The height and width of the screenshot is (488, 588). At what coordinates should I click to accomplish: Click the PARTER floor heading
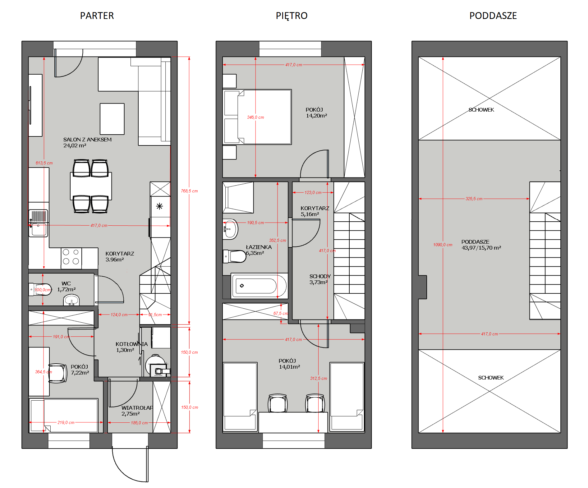tap(97, 16)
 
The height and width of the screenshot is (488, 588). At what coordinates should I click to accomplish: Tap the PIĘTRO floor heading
tap(292, 16)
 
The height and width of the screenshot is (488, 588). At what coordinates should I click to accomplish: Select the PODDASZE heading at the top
tap(493, 16)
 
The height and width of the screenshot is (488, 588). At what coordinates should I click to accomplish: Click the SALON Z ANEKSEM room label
tap(87, 140)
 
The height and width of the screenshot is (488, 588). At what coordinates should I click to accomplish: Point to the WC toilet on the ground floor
tap(40, 289)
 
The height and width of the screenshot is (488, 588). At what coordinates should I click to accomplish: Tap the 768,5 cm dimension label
tap(189, 191)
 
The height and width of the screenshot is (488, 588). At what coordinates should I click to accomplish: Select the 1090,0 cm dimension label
tap(443, 245)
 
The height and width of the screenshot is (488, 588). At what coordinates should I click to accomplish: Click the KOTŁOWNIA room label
tap(131, 344)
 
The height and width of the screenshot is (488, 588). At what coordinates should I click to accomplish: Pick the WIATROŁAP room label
tap(137, 407)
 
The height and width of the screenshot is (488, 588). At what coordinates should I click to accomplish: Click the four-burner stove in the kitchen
tap(71, 257)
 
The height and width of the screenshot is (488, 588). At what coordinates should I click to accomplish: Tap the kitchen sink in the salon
tap(39, 223)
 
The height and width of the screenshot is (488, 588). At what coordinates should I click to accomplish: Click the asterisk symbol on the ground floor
tap(159, 206)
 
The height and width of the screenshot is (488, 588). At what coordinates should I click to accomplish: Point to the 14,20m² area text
tap(316, 116)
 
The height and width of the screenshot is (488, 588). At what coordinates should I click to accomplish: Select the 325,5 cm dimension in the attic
tap(474, 199)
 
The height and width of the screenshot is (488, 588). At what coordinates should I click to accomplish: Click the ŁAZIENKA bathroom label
tap(259, 247)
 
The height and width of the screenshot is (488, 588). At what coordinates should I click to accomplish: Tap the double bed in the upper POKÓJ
tap(257, 117)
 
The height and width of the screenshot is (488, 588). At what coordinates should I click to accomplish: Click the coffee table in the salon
tap(112, 119)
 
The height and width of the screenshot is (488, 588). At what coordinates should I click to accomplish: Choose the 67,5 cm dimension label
tap(281, 313)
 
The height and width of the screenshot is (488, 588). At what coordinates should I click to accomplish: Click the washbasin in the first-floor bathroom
tap(230, 229)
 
